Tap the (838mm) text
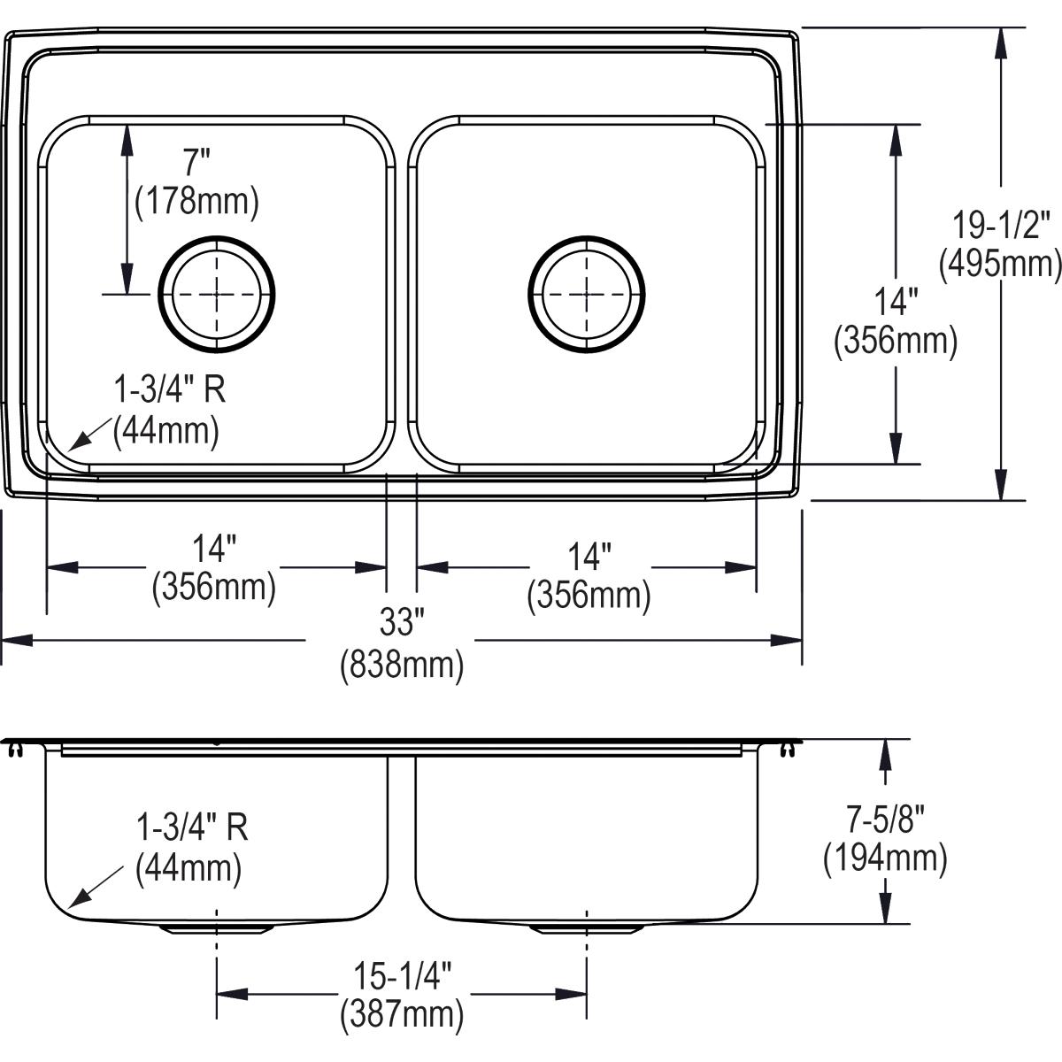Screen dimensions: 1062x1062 point(402,665)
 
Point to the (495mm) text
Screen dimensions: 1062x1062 point(1000,265)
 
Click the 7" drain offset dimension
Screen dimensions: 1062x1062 point(196,163)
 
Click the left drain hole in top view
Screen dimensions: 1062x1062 point(217,295)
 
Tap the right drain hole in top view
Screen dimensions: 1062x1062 point(587,295)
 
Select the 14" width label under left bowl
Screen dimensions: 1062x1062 point(214,549)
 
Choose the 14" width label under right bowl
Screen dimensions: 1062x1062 point(589,557)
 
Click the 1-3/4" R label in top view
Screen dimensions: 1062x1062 point(170,389)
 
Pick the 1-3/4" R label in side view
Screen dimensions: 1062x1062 point(192,827)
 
